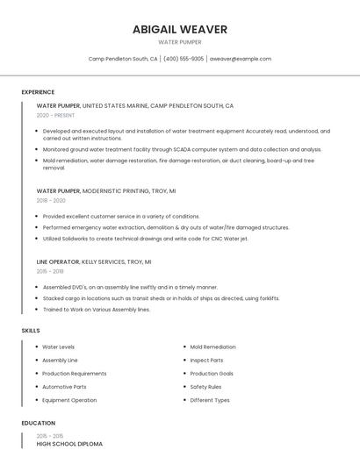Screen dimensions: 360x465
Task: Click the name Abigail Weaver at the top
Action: [179, 29]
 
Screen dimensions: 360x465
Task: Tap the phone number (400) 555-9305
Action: [184, 59]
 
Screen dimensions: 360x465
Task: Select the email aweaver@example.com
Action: [241, 59]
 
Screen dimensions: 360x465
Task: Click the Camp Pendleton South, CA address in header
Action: [123, 59]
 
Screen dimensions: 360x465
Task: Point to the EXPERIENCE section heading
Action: [38, 92]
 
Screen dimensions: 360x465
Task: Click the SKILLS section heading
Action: [31, 330]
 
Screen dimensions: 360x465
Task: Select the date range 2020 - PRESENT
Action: [55, 115]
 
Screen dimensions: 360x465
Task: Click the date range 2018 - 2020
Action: [51, 200]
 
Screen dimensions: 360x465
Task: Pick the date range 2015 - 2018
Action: [50, 271]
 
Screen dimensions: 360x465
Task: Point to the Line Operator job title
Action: [57, 261]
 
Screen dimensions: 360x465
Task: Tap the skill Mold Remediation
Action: [212, 347]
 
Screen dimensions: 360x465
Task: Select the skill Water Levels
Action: [58, 347]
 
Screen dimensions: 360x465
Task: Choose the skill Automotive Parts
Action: [64, 386]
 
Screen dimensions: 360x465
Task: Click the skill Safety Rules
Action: [205, 386]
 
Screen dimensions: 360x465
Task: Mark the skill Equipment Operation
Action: [69, 400]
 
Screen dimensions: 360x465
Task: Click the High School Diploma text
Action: [69, 444]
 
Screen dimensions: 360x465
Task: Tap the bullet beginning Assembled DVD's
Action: [130, 287]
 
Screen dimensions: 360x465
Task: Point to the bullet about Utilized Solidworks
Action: [145, 239]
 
